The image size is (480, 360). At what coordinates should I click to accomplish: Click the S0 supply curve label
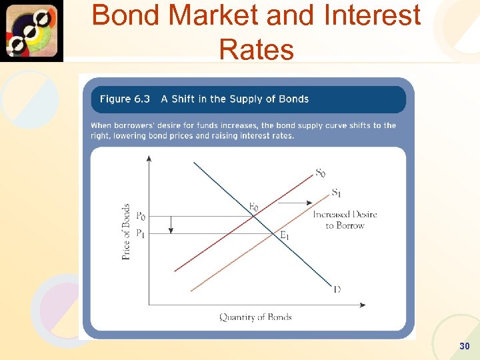pos(321,173)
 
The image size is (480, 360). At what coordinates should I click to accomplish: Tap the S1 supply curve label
pos(338,193)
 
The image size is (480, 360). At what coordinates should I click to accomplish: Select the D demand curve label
pos(337,289)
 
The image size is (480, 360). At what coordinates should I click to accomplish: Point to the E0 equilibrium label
pos(254,207)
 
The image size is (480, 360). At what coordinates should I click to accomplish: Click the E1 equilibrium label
pos(284,235)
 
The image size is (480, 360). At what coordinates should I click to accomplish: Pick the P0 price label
pos(141,216)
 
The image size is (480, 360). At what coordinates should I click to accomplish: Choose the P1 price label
pos(141,233)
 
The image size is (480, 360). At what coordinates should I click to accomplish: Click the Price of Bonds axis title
pos(127,231)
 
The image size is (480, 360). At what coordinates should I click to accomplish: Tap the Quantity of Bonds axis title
pos(255,317)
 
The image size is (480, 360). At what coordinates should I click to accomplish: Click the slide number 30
pos(465,346)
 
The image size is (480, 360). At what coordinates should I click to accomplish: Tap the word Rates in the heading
pos(256,49)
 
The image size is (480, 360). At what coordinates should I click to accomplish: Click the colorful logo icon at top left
pos(32,31)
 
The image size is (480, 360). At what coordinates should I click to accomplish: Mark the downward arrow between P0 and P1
pos(171,225)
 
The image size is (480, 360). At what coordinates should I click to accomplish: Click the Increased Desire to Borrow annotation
pos(345,220)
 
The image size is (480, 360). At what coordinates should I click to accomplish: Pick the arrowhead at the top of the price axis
pos(149,159)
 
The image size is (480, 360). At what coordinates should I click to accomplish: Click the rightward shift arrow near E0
pos(293,202)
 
